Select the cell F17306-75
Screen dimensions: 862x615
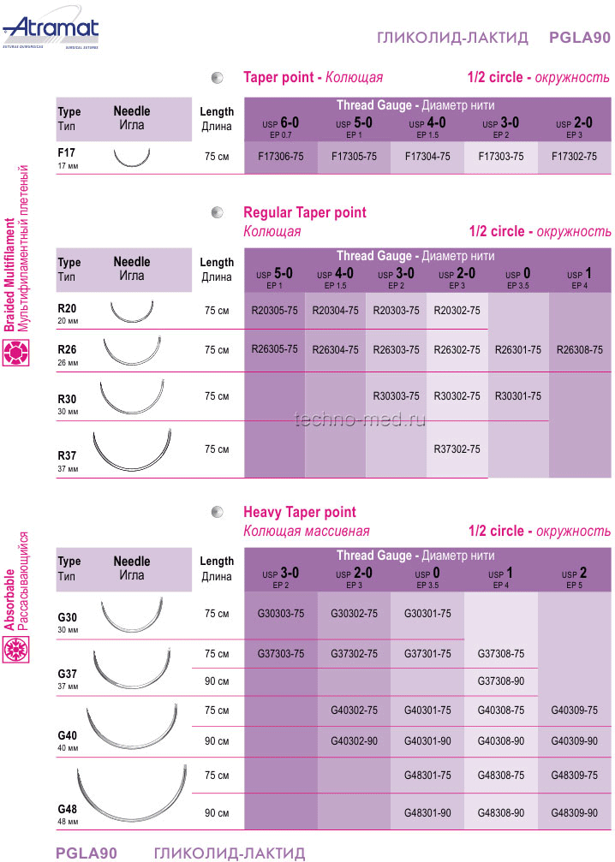[281, 157]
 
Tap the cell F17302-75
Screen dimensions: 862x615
[574, 157]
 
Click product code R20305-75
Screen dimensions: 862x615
[275, 311]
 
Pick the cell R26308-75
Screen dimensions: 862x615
[579, 350]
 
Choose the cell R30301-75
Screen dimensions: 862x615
[517, 396]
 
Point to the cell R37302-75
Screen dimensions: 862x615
[457, 449]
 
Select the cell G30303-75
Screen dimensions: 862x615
[281, 614]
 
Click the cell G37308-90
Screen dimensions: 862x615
[501, 681]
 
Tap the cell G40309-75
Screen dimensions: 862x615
[575, 710]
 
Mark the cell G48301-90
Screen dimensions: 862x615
[427, 812]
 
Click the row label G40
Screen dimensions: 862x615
[67, 736]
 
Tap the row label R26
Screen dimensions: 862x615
[67, 349]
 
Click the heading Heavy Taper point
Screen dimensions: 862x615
[300, 513]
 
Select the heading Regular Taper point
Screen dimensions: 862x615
[305, 212]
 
